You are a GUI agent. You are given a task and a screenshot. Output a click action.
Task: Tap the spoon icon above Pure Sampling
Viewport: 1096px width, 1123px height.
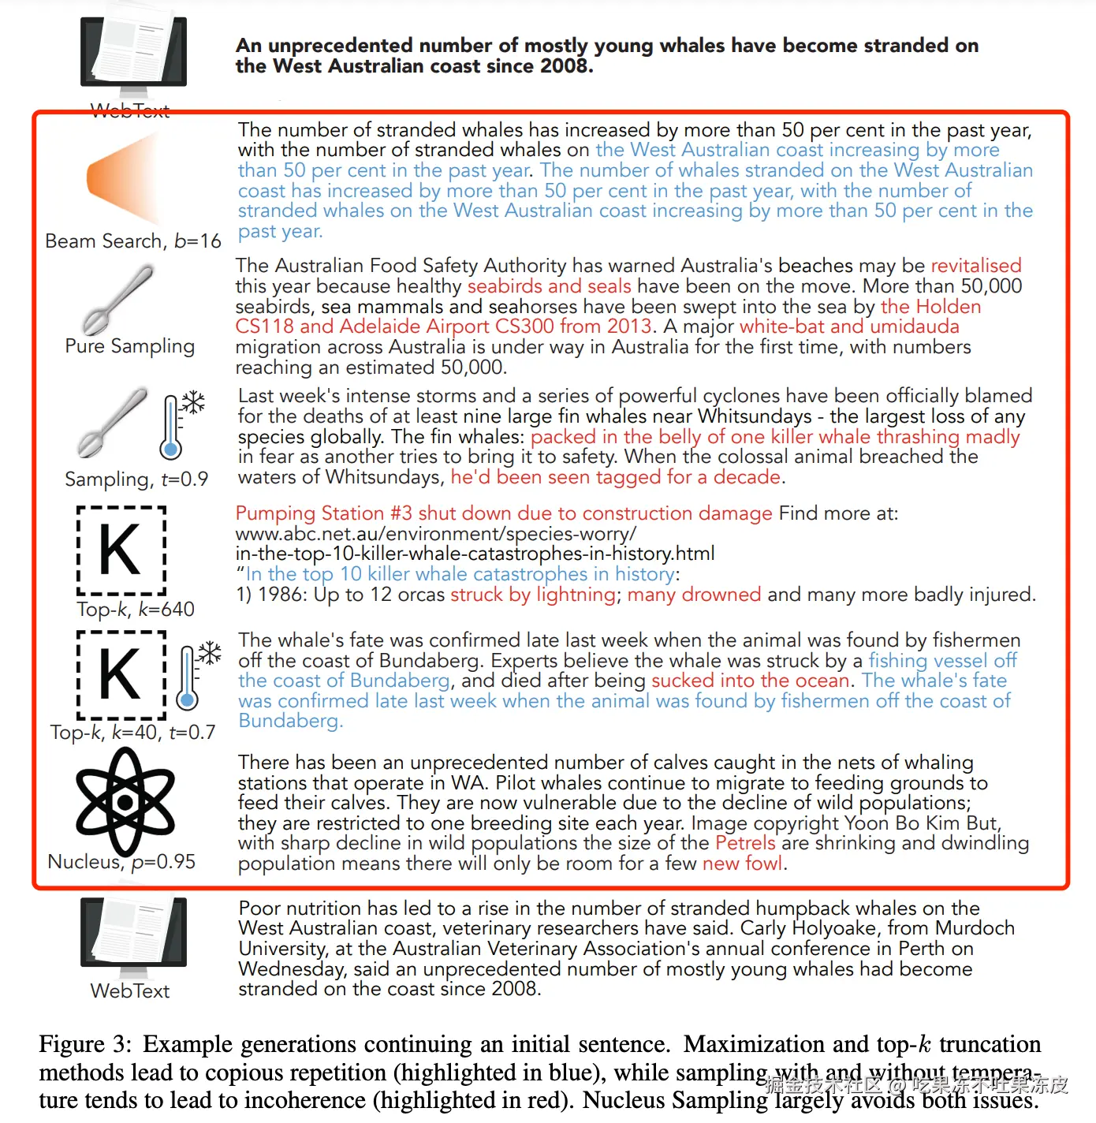117,300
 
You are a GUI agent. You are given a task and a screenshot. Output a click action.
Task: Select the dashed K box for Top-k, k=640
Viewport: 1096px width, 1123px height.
121,550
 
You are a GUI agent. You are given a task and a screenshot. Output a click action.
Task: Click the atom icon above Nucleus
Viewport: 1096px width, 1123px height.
125,802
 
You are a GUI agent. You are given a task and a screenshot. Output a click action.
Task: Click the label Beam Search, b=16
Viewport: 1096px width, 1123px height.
132,241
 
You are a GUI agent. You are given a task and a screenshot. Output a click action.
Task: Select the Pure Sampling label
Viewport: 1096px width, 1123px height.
129,346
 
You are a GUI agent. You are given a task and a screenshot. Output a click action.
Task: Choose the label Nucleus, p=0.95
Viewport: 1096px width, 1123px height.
121,862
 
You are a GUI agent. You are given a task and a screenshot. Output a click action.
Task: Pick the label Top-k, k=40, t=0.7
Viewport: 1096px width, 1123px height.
132,733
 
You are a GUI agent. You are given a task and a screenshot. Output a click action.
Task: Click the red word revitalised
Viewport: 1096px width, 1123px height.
976,266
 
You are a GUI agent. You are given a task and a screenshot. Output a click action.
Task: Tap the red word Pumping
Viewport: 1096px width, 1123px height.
270,513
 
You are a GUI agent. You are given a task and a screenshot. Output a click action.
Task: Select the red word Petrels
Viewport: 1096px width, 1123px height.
745,843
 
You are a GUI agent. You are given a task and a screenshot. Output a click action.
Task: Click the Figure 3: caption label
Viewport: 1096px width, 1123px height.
86,1044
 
